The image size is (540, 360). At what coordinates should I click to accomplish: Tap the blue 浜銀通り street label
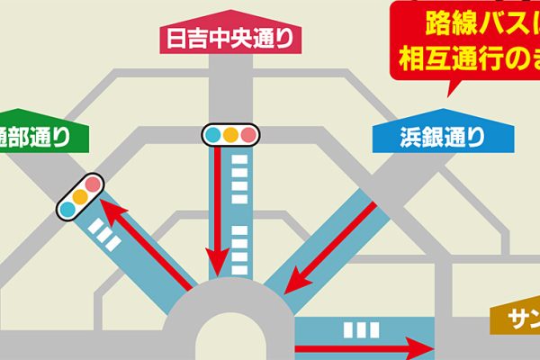click(x=440, y=138)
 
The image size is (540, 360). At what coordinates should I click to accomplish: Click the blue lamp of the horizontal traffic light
click(x=213, y=135)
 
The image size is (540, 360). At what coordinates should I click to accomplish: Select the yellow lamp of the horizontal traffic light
click(x=230, y=135)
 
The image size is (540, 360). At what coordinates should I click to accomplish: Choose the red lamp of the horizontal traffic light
click(x=248, y=135)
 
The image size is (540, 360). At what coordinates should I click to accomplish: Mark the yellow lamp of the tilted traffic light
click(x=80, y=195)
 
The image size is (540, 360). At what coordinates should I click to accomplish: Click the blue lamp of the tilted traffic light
click(x=67, y=209)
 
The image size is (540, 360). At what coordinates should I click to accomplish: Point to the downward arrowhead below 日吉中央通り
click(x=215, y=267)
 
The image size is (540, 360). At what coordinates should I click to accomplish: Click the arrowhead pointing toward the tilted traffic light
click(x=104, y=209)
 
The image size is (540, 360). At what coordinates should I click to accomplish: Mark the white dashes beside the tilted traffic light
click(x=106, y=238)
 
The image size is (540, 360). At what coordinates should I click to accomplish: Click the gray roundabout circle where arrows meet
click(x=230, y=324)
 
